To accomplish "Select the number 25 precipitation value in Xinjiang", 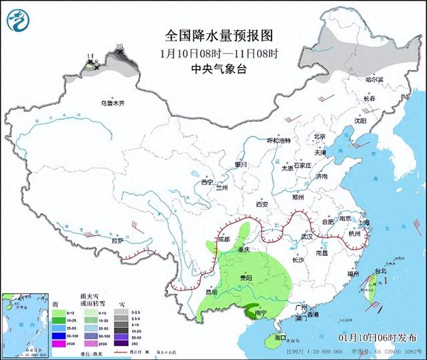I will tap(119, 47).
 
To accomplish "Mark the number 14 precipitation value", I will tap(90, 57).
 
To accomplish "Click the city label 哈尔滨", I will tap(375, 79).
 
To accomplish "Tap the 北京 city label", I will tap(320, 137).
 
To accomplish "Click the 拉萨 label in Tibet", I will tap(118, 240).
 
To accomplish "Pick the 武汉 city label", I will tap(307, 237).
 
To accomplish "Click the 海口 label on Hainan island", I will tap(281, 337).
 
